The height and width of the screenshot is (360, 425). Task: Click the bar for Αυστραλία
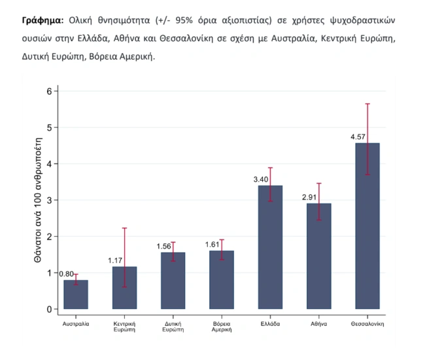click(76, 295)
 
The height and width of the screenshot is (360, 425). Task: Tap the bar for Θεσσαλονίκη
click(367, 226)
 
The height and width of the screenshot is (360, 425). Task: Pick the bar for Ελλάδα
click(270, 247)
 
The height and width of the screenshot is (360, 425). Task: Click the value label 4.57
click(358, 137)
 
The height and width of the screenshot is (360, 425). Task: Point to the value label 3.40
click(261, 179)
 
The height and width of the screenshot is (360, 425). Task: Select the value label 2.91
click(309, 196)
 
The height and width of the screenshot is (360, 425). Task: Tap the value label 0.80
click(66, 274)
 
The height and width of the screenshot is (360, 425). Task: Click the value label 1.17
click(115, 261)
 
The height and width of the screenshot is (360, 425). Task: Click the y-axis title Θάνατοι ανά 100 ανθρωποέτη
click(37, 200)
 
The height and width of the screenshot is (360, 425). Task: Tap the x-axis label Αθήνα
click(319, 324)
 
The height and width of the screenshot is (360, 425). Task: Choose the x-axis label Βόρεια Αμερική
click(222, 327)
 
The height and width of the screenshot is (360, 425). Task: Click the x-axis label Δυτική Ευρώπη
click(173, 327)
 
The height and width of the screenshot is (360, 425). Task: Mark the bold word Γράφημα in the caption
click(43, 20)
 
